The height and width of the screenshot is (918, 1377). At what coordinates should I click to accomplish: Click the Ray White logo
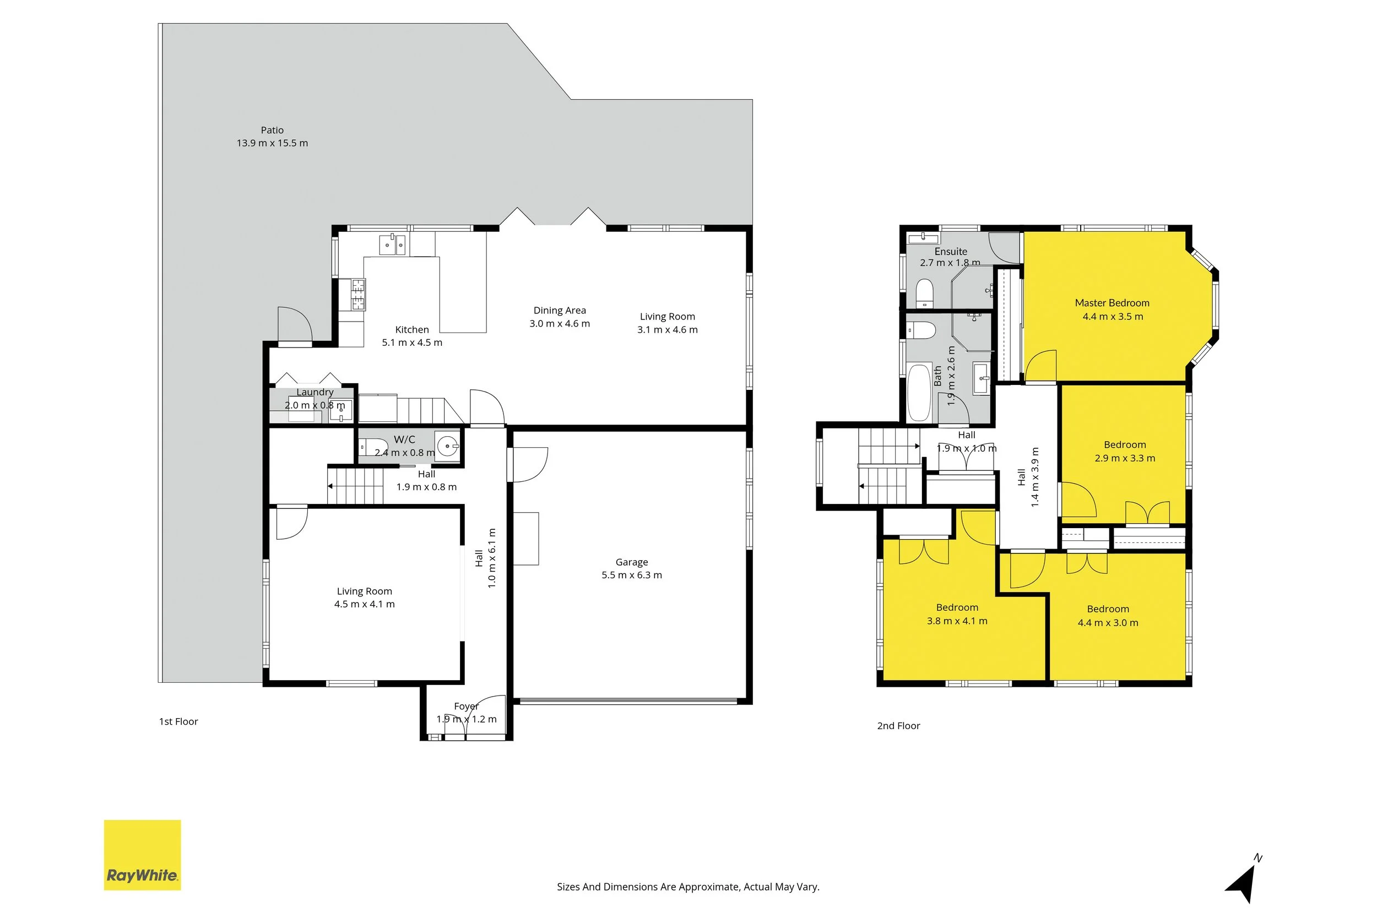tap(142, 855)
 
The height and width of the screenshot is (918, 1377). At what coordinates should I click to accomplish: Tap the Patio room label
tap(272, 130)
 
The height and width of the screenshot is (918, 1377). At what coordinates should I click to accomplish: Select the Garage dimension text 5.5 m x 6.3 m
tap(632, 575)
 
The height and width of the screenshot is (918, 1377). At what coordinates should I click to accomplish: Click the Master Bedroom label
tap(1112, 303)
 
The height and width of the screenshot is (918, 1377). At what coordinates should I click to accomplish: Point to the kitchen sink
tap(392, 245)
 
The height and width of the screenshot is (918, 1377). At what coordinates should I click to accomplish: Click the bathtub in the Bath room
tap(919, 393)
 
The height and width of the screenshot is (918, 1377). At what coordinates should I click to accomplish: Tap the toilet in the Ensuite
tap(924, 293)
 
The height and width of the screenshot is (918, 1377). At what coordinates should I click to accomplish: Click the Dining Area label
tap(560, 310)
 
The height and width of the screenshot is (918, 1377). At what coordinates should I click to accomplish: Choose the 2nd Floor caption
tap(899, 726)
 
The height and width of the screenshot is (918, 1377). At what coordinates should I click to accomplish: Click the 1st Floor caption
tap(178, 721)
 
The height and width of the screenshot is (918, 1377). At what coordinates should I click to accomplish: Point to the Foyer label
tap(466, 706)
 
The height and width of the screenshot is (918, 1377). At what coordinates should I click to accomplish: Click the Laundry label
tap(315, 392)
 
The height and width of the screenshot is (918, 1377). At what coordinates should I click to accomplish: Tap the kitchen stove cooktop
tap(357, 295)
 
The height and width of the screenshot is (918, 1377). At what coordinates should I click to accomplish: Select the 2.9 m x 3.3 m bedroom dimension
tap(1125, 458)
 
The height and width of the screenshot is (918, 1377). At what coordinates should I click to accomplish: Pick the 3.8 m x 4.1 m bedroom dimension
tap(957, 621)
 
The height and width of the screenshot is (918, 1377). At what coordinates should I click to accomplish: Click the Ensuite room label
tap(951, 251)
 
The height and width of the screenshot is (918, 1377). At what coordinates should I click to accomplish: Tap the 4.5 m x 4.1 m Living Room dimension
tap(364, 604)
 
